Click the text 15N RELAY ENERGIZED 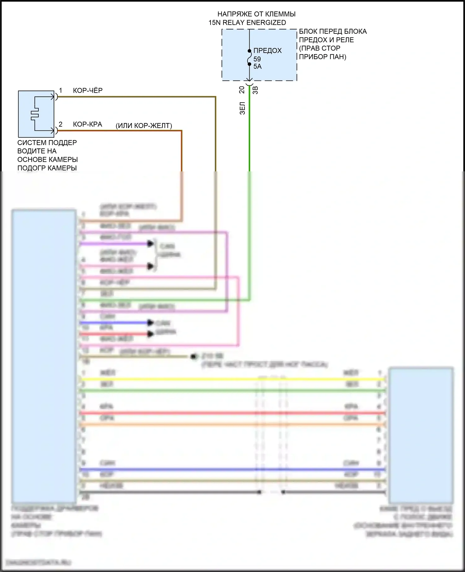coord(247,23)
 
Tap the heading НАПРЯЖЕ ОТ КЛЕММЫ coord(256,14)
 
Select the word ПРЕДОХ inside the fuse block coord(268,51)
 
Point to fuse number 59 coord(257,59)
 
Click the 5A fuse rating coord(257,66)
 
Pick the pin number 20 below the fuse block coord(242,90)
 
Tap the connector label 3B coord(255,90)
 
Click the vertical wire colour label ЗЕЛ coord(242,108)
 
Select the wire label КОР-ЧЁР coord(87,90)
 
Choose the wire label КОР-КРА coord(87,124)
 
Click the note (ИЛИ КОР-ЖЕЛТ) coord(144,126)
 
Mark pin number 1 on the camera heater coord(61,90)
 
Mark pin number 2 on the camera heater coord(60,124)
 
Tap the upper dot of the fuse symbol coord(249,51)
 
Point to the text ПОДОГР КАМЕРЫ coord(47,168)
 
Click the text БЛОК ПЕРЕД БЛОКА coord(333,31)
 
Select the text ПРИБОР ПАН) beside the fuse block coord(322,57)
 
